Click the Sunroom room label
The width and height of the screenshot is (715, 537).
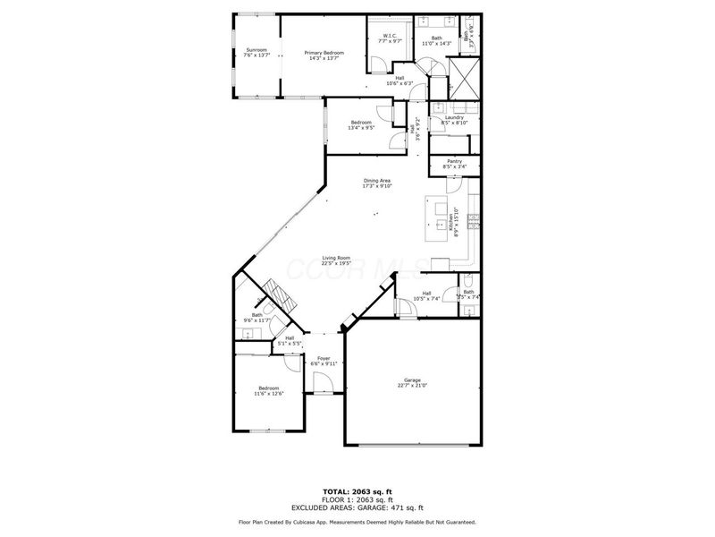point(257,53)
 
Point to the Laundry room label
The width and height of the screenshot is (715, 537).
point(453,119)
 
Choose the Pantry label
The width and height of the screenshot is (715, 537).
point(455,163)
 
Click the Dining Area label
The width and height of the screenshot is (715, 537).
point(377,183)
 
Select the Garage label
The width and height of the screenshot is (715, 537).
point(412,383)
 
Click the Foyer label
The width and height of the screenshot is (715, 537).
point(324,361)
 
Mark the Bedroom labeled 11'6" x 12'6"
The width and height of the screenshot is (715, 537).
point(268,391)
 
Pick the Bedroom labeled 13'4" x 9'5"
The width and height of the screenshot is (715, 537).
point(361,124)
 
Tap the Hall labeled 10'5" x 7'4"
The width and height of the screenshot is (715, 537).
point(427,296)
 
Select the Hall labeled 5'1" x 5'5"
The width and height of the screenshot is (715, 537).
point(290,340)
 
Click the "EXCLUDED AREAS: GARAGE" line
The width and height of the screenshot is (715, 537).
point(357,507)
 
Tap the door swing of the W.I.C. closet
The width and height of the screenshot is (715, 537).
point(379,63)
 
